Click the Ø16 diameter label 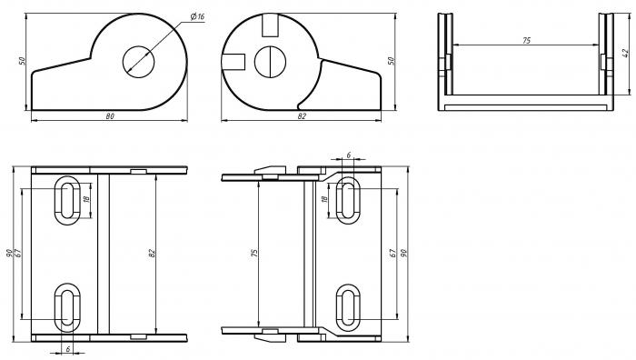pos(197,17)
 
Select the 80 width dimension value pos(110,115)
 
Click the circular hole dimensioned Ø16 pos(139,60)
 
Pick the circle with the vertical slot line pos(270,61)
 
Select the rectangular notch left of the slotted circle pos(234,61)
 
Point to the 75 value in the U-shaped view pos(526,41)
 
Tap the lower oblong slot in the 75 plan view pos(348,306)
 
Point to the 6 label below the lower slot pos(68,349)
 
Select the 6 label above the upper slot pos(349,155)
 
